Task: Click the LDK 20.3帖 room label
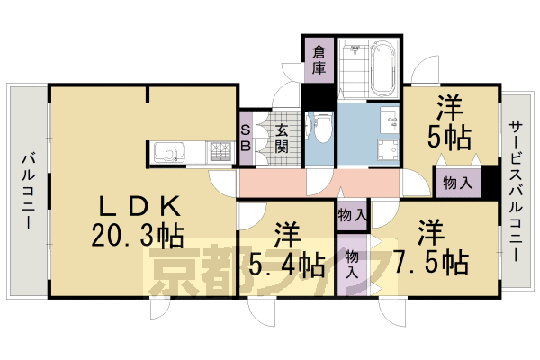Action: point(138,221)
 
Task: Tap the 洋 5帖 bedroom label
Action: point(449,122)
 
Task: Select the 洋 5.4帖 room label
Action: point(287,250)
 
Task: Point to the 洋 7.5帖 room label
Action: point(430,248)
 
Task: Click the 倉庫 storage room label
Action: point(319,60)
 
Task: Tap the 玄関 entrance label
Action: point(282,139)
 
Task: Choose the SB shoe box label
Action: point(245,138)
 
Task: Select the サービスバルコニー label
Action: point(516,191)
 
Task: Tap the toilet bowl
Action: point(323,128)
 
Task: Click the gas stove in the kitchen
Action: point(220,153)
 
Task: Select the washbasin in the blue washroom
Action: point(390,119)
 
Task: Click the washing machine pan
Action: point(388,151)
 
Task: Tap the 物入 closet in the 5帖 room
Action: point(458,183)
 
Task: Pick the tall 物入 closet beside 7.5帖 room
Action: point(352,265)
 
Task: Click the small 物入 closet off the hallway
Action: point(352,215)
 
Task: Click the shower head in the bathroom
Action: point(354,49)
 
